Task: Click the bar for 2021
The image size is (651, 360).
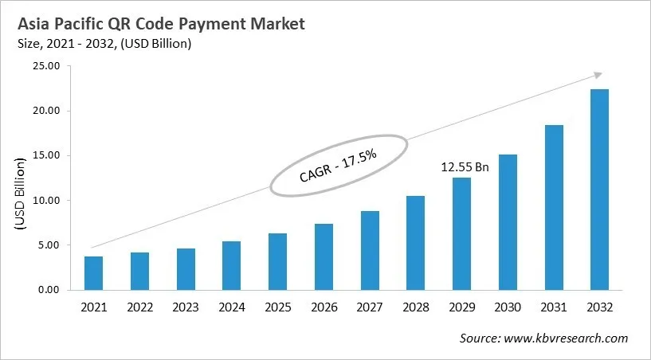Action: pos(93,273)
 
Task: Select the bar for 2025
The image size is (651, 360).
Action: pos(277,262)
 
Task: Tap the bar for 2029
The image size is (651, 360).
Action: pos(461,234)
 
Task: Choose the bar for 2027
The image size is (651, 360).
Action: pos(370,251)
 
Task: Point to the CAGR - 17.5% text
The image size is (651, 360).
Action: pos(339,163)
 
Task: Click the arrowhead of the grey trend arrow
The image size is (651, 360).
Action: pos(597,76)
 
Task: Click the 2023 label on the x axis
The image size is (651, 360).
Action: pos(186,307)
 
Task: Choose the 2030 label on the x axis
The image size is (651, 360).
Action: pos(508,307)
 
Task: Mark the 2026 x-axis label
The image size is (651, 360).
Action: pos(324,307)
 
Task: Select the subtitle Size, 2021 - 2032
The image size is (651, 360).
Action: pos(104,44)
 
